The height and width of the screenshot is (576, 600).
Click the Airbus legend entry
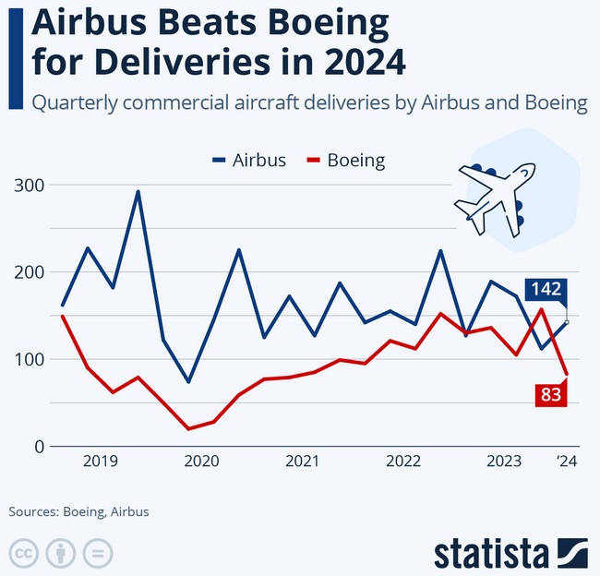247,161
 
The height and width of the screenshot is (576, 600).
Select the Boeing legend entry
345,161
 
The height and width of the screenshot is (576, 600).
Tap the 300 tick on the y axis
30,186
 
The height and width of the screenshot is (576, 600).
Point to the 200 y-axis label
30,272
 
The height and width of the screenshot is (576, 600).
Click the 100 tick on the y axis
30,359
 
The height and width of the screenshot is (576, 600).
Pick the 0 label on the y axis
39,447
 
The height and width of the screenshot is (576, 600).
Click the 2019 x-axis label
101,462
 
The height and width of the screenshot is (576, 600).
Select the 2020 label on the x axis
201,462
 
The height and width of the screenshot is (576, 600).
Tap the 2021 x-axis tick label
302,462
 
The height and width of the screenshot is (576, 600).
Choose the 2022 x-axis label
402,462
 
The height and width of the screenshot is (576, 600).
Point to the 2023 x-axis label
503,462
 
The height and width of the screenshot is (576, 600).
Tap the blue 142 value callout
546,290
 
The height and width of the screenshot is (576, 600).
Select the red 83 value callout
551,394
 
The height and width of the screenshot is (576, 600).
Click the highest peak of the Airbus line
138,192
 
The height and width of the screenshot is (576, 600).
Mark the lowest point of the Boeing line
188,428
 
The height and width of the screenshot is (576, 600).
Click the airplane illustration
495,196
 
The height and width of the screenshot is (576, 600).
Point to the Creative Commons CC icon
25,553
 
